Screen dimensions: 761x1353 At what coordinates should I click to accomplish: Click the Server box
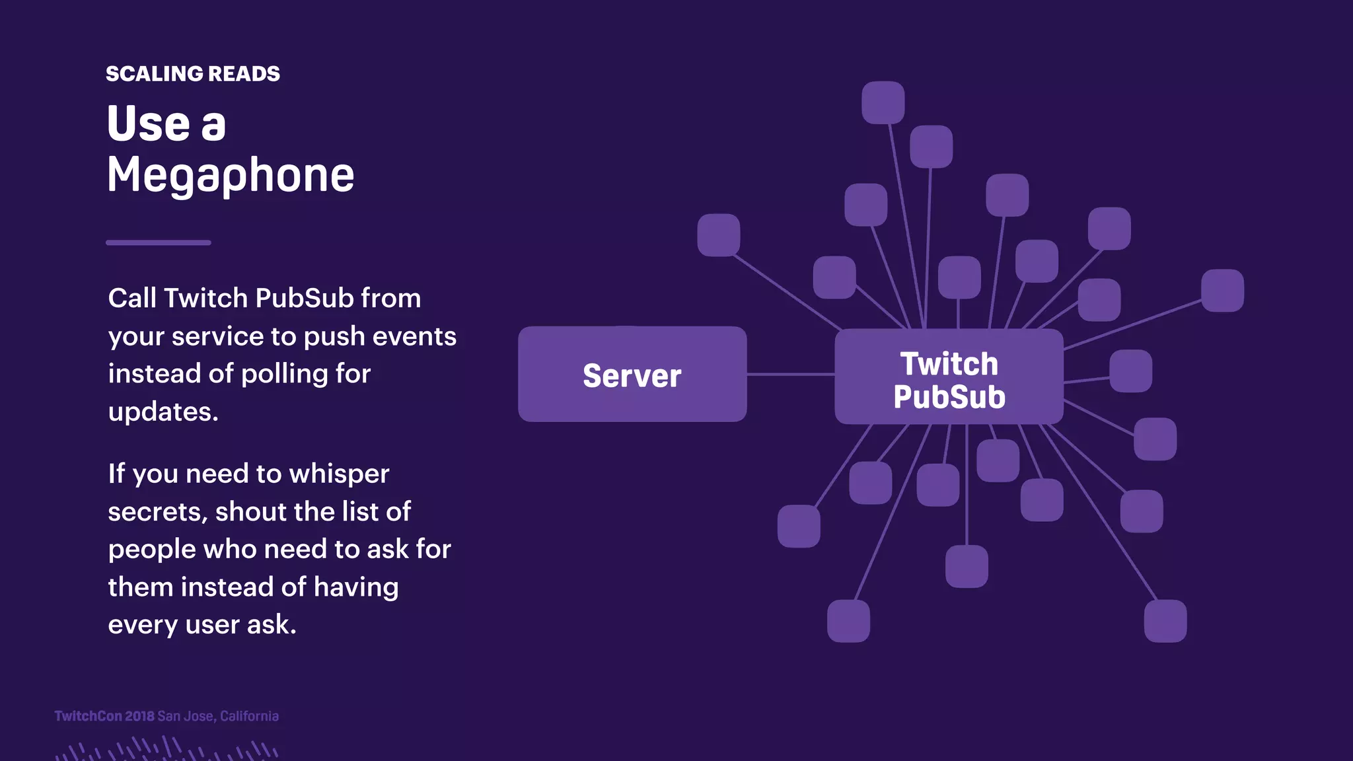pyautogui.click(x=632, y=375)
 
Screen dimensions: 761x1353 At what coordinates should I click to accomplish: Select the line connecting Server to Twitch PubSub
pyautogui.click(x=790, y=375)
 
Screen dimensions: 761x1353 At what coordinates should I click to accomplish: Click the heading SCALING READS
pyautogui.click(x=192, y=73)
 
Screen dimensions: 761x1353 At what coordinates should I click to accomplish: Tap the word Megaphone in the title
pyautogui.click(x=231, y=175)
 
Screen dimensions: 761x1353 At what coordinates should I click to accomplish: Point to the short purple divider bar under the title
pyautogui.click(x=158, y=242)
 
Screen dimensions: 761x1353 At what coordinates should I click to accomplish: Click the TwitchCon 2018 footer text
pyautogui.click(x=104, y=716)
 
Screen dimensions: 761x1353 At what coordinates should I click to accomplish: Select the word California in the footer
pyautogui.click(x=249, y=716)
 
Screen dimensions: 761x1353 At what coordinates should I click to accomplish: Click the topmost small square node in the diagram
pyautogui.click(x=883, y=102)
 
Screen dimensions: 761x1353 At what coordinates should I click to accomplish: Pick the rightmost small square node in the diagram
pyautogui.click(x=1222, y=291)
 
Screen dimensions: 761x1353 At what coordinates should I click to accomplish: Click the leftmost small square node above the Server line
pyautogui.click(x=719, y=235)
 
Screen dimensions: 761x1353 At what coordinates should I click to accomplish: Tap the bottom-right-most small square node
pyautogui.click(x=1165, y=621)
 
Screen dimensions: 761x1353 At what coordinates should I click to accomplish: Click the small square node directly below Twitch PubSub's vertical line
pyautogui.click(x=967, y=566)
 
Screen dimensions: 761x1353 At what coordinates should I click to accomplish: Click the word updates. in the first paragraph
pyautogui.click(x=163, y=412)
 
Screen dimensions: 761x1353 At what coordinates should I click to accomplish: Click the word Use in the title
pyautogui.click(x=149, y=124)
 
